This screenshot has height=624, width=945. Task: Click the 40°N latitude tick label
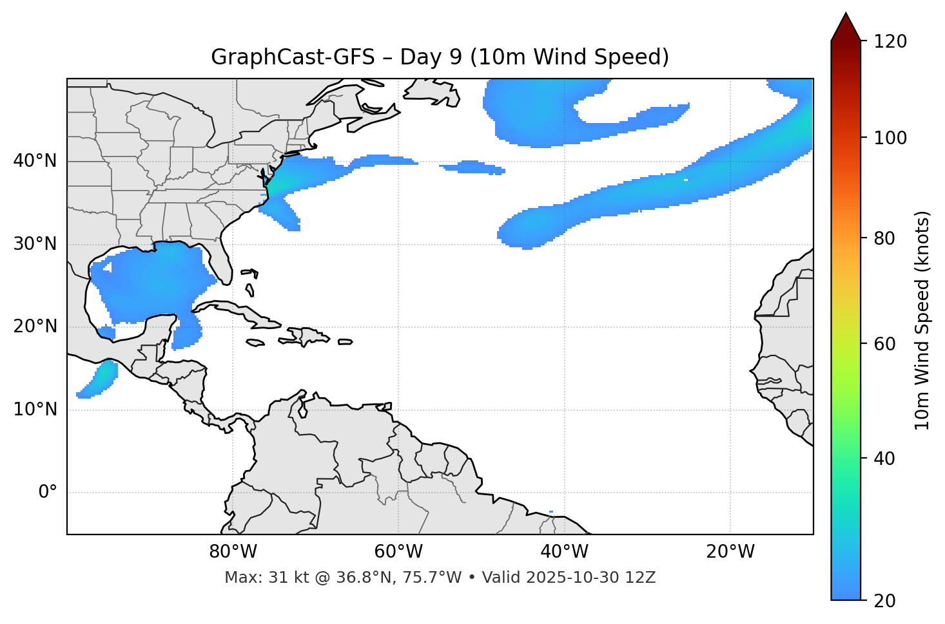click(35, 161)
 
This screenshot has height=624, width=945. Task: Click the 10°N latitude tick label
click(35, 410)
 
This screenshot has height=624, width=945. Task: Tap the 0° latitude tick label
click(47, 493)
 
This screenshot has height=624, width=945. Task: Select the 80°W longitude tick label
click(233, 552)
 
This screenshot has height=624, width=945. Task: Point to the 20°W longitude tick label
click(730, 552)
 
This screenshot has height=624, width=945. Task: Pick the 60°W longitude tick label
click(398, 552)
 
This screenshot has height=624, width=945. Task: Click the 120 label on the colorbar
click(890, 42)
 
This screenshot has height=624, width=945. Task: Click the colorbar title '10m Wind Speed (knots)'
click(922, 320)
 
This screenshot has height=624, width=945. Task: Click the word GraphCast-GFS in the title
click(292, 57)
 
